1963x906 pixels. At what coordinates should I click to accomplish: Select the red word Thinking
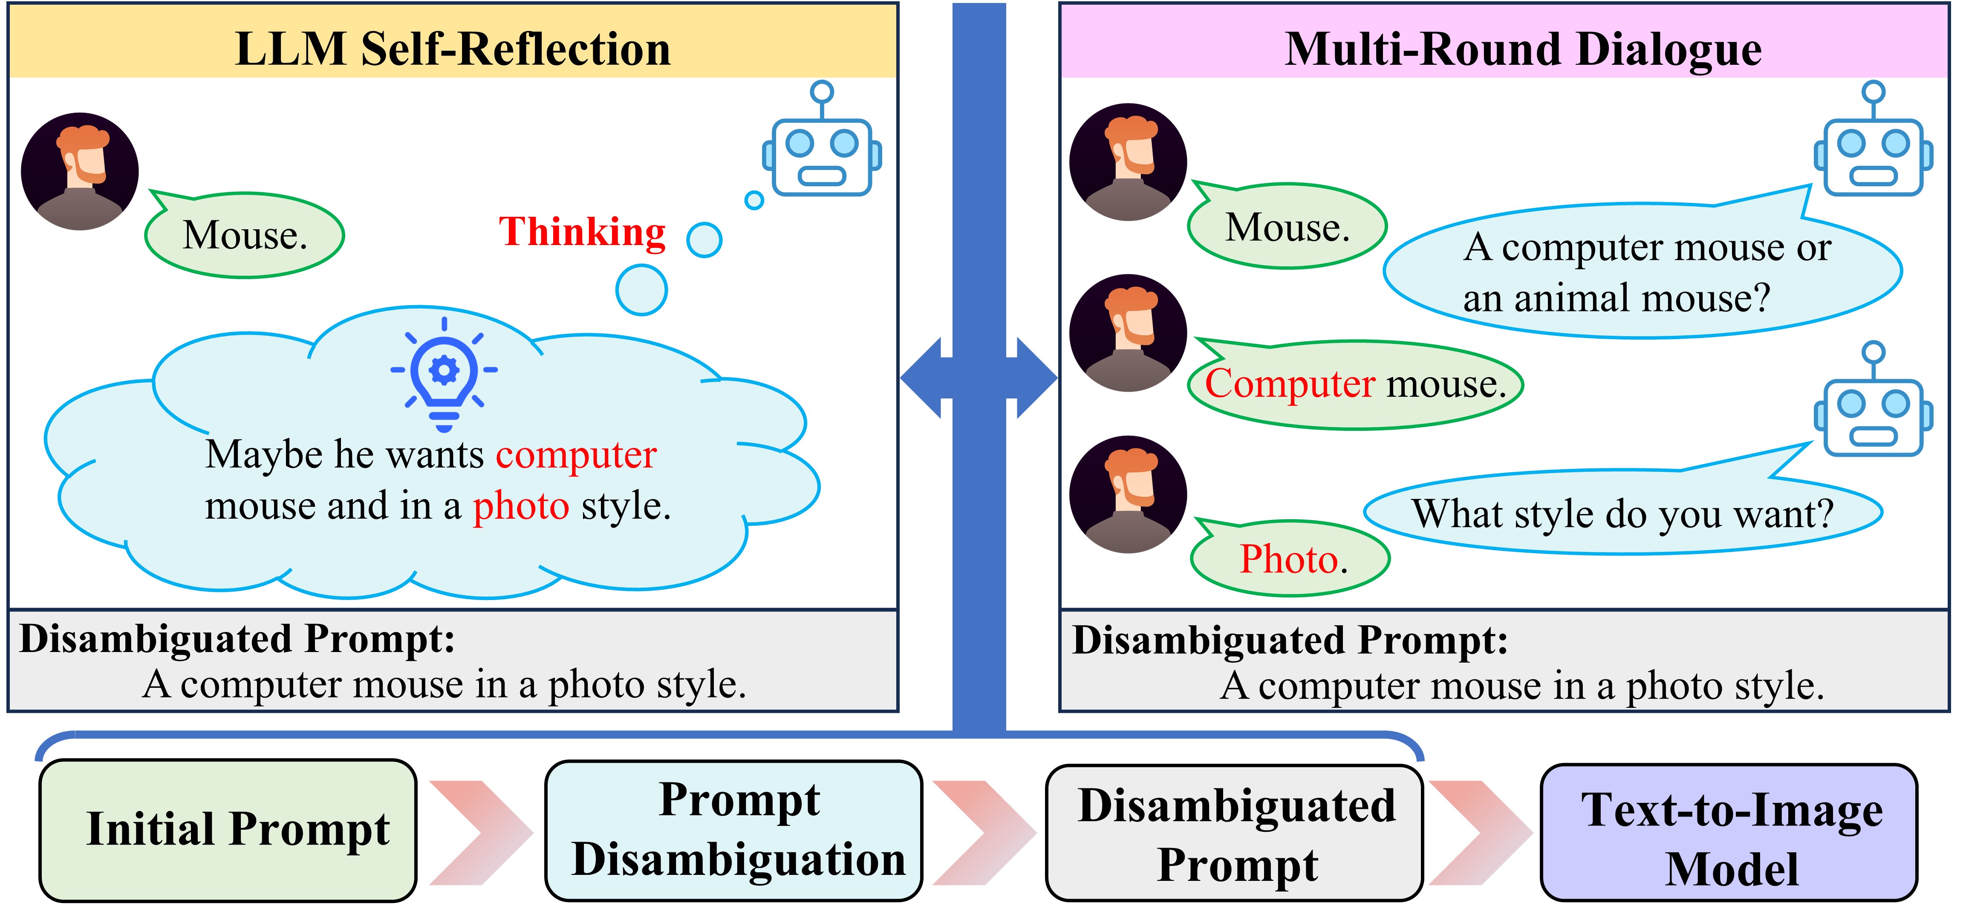[582, 232]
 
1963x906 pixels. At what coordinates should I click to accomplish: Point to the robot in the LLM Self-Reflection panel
[822, 145]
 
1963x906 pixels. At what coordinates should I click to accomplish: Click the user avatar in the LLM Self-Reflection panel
[80, 171]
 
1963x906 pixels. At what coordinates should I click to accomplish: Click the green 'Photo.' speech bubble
[1292, 559]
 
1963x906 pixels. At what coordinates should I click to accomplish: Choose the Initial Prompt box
[228, 830]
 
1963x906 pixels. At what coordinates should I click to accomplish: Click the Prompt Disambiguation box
[734, 830]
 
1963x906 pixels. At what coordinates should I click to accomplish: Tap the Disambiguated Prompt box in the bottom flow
[1235, 834]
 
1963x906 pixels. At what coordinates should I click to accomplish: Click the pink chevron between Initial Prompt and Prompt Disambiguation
[480, 832]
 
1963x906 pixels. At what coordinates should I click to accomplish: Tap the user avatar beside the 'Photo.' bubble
[1128, 494]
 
